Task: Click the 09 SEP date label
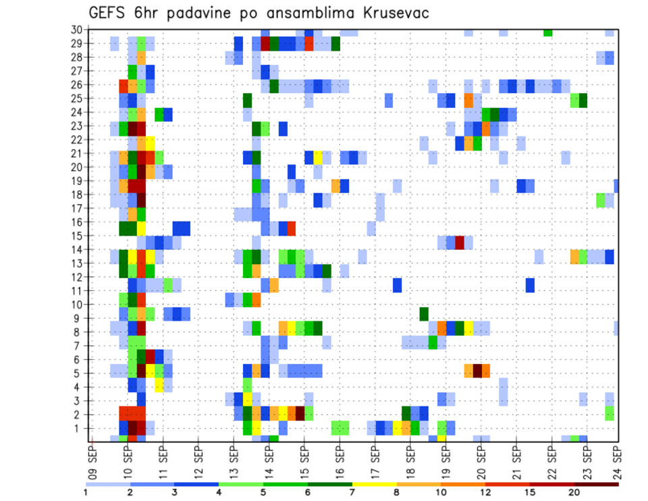pyautogui.click(x=92, y=459)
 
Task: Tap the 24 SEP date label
pyautogui.click(x=618, y=459)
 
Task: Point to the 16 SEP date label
pyautogui.click(x=337, y=459)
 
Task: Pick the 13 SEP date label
pyautogui.click(x=232, y=459)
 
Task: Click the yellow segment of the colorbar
pyautogui.click(x=375, y=484)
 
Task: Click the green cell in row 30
pyautogui.click(x=547, y=32)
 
